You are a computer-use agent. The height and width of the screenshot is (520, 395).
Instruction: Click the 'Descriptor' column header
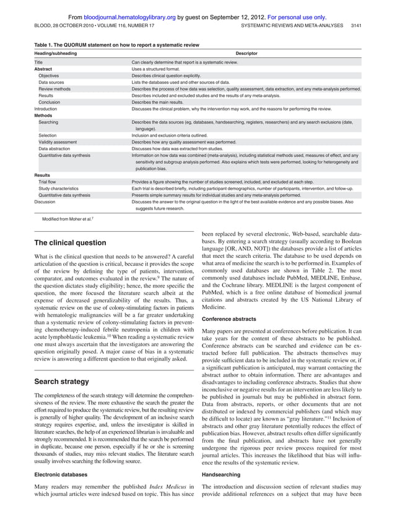246,54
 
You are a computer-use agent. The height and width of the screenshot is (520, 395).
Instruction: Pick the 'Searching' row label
49,122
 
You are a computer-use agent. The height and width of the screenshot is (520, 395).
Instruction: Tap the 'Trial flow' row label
49,182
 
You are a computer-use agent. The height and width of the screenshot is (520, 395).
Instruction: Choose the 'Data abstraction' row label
56,148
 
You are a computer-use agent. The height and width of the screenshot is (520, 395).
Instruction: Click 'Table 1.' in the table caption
45,44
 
